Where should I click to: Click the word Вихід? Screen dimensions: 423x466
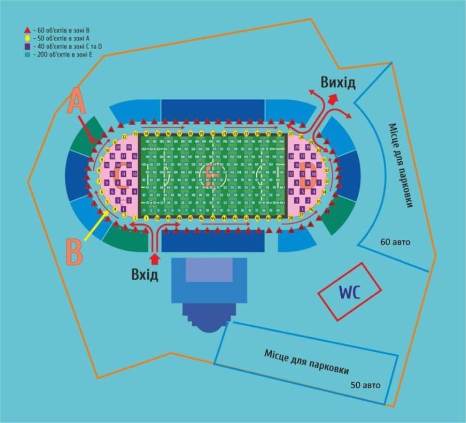tap(338, 83)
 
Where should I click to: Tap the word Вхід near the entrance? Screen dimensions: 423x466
tap(144, 275)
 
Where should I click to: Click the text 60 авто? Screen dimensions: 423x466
tap(395, 241)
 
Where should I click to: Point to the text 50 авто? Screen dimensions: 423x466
tap(366, 385)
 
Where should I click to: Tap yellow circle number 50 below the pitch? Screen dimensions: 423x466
tap(157, 218)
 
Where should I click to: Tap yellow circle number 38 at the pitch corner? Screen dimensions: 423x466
tap(290, 218)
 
